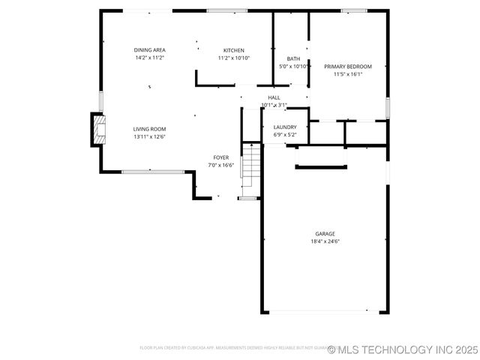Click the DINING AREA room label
(x=149, y=50)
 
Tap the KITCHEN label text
(x=233, y=50)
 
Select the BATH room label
(x=294, y=58)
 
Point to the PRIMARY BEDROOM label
(x=347, y=67)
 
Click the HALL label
(x=274, y=97)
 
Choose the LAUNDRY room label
(x=285, y=127)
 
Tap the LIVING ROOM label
(x=149, y=129)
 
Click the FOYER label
(x=220, y=157)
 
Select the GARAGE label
(x=325, y=234)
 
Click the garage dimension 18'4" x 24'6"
(x=325, y=241)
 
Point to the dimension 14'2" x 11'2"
(x=149, y=58)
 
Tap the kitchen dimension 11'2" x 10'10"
(x=233, y=58)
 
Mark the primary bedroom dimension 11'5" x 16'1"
(x=347, y=74)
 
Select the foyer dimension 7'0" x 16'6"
(x=220, y=165)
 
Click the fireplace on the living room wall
(x=98, y=129)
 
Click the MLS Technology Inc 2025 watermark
(x=402, y=349)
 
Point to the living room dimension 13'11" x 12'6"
(x=149, y=136)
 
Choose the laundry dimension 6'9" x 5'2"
(x=285, y=134)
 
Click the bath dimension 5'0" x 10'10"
(x=294, y=66)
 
